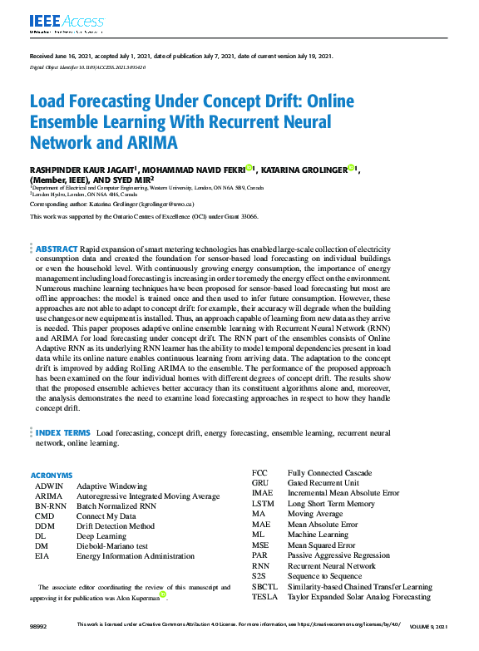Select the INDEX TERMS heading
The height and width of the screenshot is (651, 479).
pyautogui.click(x=62, y=433)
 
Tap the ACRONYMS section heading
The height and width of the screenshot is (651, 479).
pyautogui.click(x=51, y=476)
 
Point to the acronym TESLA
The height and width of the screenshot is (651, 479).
pyautogui.click(x=264, y=597)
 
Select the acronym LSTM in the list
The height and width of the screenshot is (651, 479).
pyautogui.click(x=263, y=504)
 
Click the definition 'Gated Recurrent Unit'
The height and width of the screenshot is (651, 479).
pyautogui.click(x=323, y=483)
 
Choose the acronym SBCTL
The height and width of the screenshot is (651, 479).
pyautogui.click(x=265, y=586)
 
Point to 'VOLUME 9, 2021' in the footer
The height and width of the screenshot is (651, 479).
pyautogui.click(x=435, y=624)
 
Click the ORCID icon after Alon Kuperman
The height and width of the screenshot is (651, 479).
pyautogui.click(x=163, y=594)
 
